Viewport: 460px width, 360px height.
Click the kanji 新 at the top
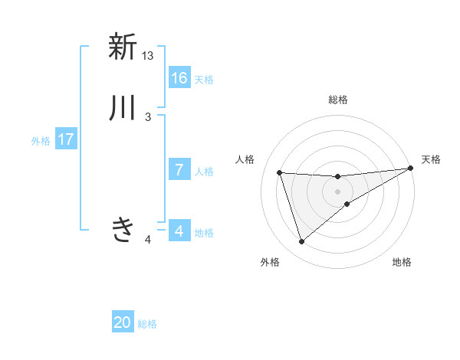click(x=122, y=47)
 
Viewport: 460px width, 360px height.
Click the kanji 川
click(x=122, y=107)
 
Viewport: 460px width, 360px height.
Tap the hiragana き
click(x=122, y=229)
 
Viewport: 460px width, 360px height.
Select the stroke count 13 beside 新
click(x=148, y=56)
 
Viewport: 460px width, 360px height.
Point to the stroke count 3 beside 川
click(x=148, y=116)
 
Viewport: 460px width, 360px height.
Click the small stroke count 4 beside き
click(x=148, y=240)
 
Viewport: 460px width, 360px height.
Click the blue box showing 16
click(x=179, y=78)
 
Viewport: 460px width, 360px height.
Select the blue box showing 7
click(x=179, y=170)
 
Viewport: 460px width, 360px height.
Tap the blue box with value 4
click(x=179, y=231)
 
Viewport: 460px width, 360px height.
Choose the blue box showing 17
click(x=66, y=139)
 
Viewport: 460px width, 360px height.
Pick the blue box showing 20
click(x=123, y=322)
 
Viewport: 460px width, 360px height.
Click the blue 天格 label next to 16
click(x=204, y=80)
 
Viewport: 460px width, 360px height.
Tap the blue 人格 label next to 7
click(x=204, y=172)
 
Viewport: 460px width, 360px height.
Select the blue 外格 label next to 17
click(x=41, y=141)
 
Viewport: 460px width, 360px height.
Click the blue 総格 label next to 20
click(x=147, y=324)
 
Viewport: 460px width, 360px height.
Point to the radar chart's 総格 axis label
click(x=338, y=100)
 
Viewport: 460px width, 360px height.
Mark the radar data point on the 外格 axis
click(x=301, y=242)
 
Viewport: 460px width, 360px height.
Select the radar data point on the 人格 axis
click(x=279, y=172)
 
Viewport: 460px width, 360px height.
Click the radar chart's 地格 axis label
click(x=402, y=262)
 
